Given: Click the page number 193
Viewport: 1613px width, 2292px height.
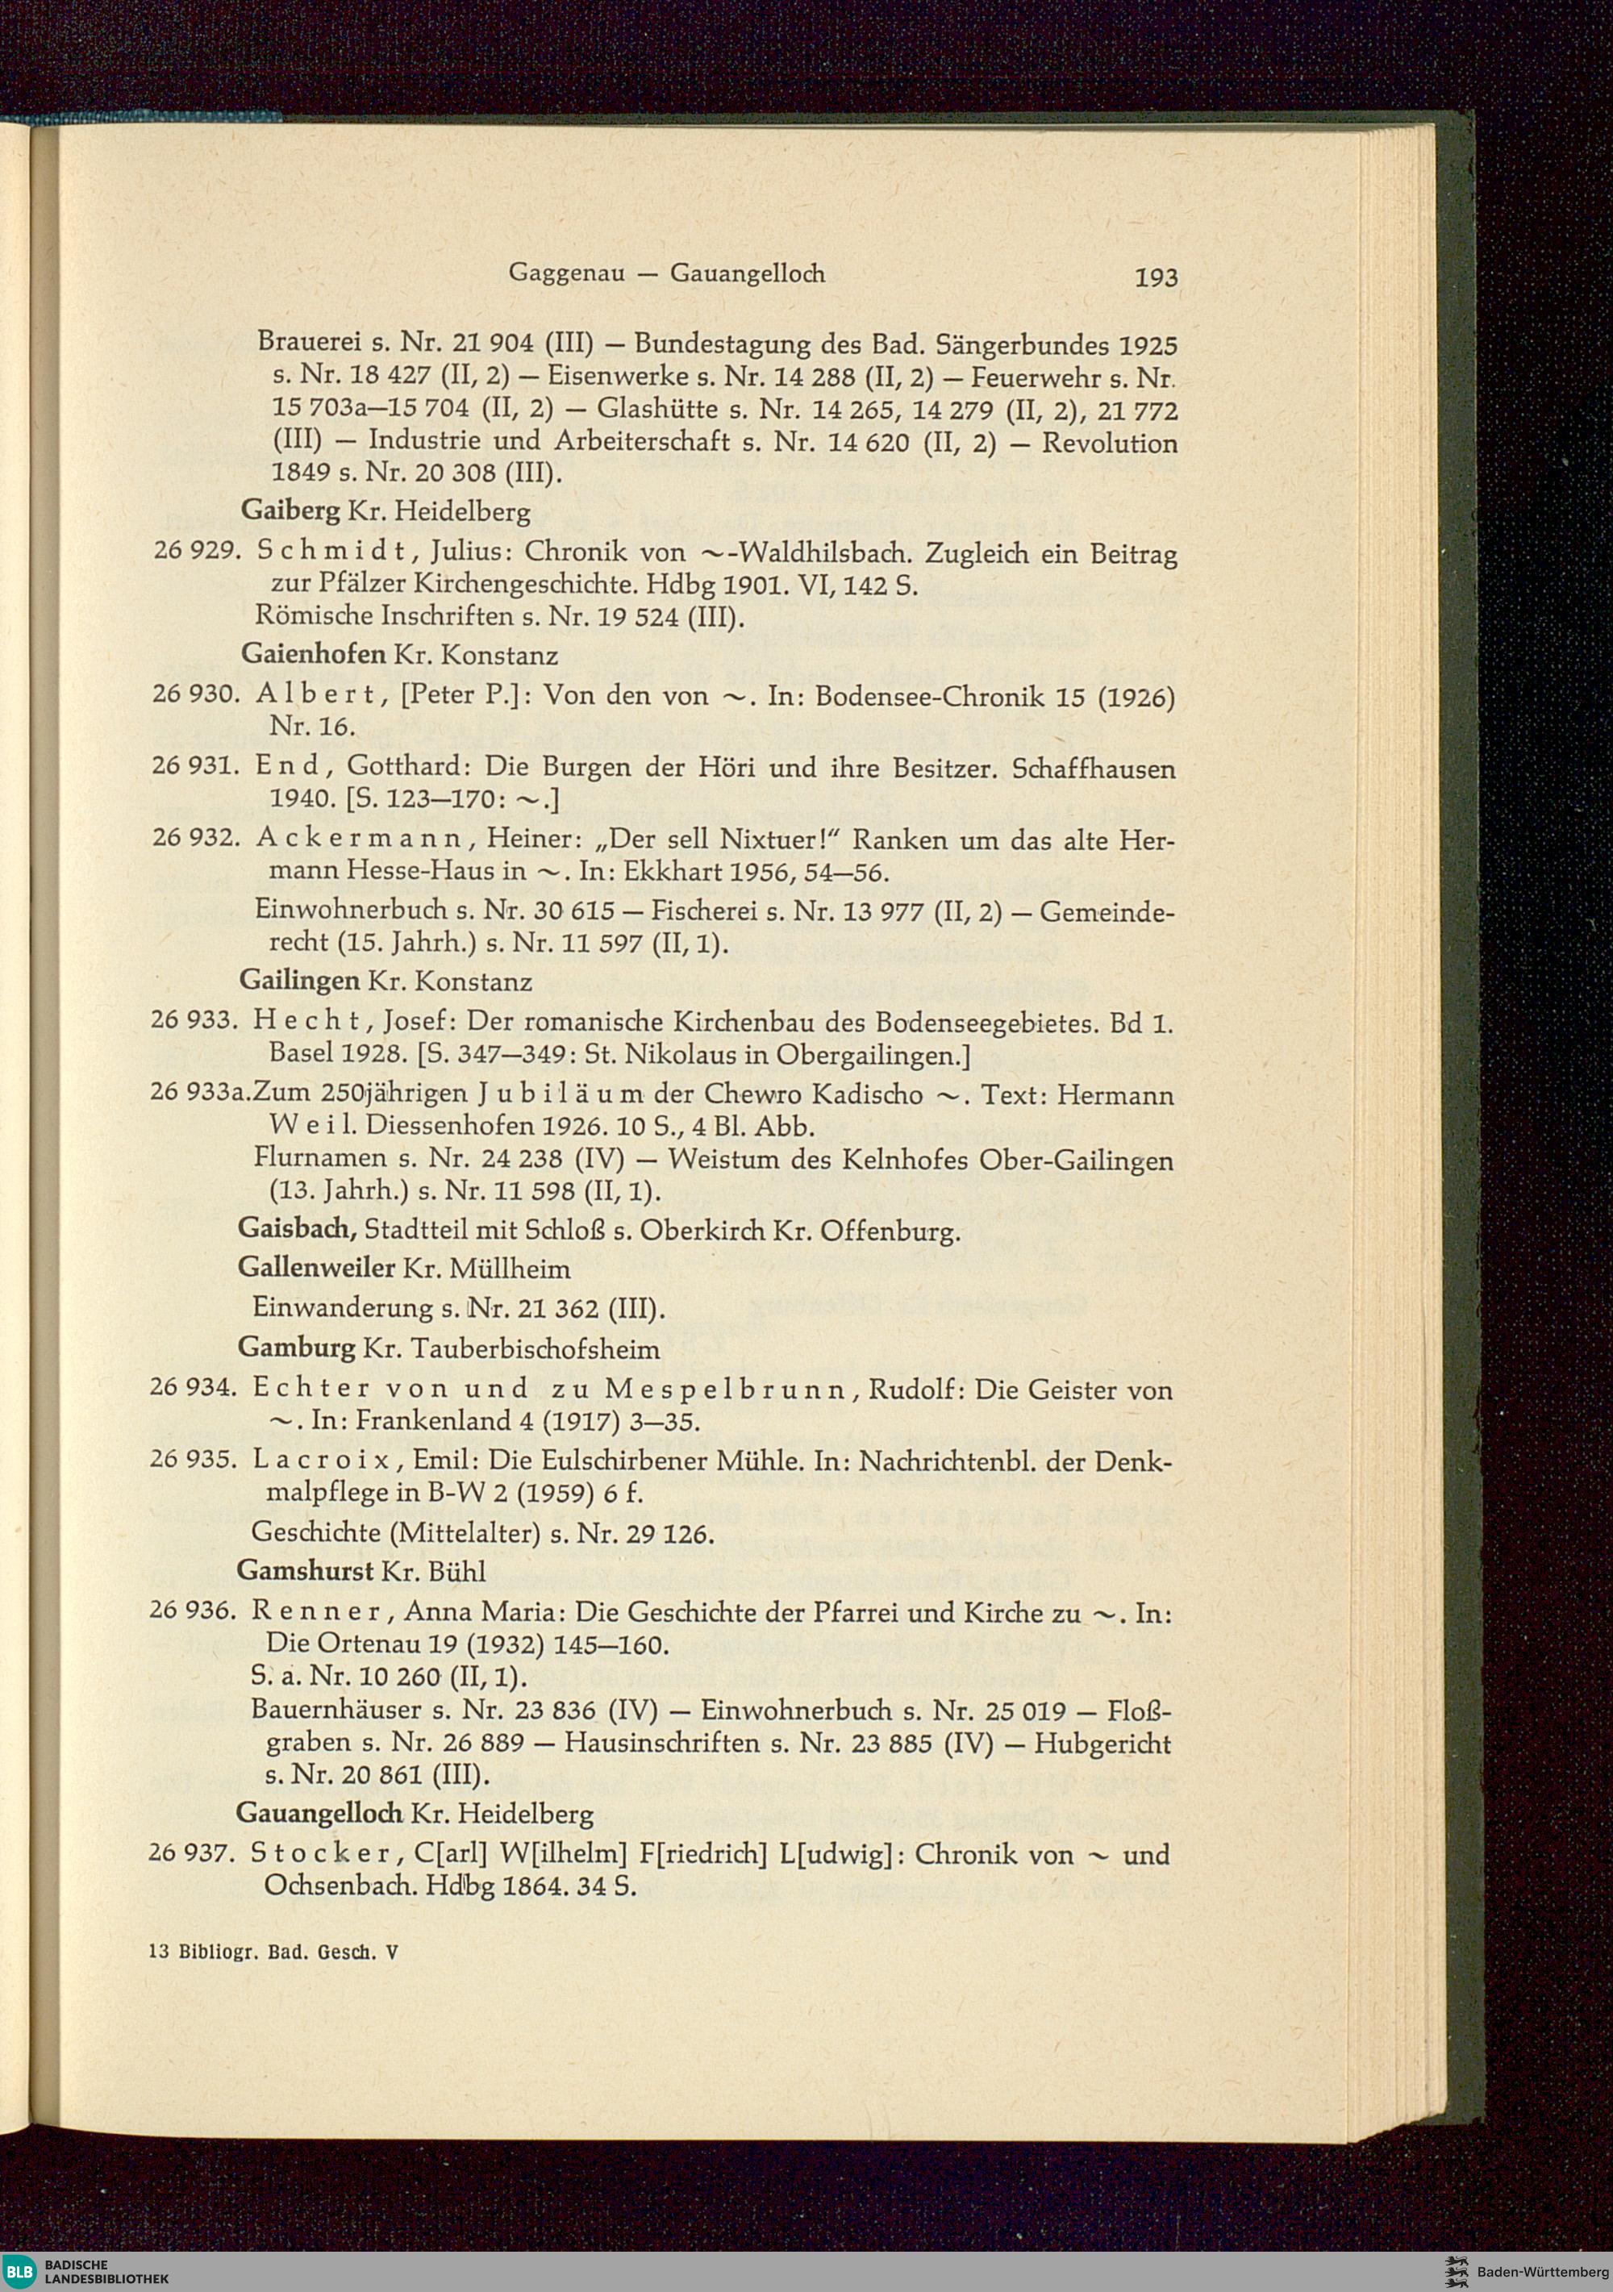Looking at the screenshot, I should point(1156,277).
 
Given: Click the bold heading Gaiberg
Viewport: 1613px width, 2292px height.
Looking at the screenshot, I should point(290,512).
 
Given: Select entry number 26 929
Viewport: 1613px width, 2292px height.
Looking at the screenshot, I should point(193,551).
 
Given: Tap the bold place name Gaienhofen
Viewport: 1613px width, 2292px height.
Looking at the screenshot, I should point(314,655).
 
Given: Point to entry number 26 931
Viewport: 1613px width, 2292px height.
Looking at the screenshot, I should point(192,767).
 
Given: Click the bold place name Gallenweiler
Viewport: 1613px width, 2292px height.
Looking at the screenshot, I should point(316,1269).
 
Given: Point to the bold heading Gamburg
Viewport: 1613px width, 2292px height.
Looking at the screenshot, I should point(297,1348).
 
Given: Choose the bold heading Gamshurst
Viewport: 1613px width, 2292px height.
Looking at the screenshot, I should point(306,1571).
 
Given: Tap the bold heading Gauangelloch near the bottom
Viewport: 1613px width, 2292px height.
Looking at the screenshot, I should point(319,1813).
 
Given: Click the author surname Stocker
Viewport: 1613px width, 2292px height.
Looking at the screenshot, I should point(323,1855).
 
